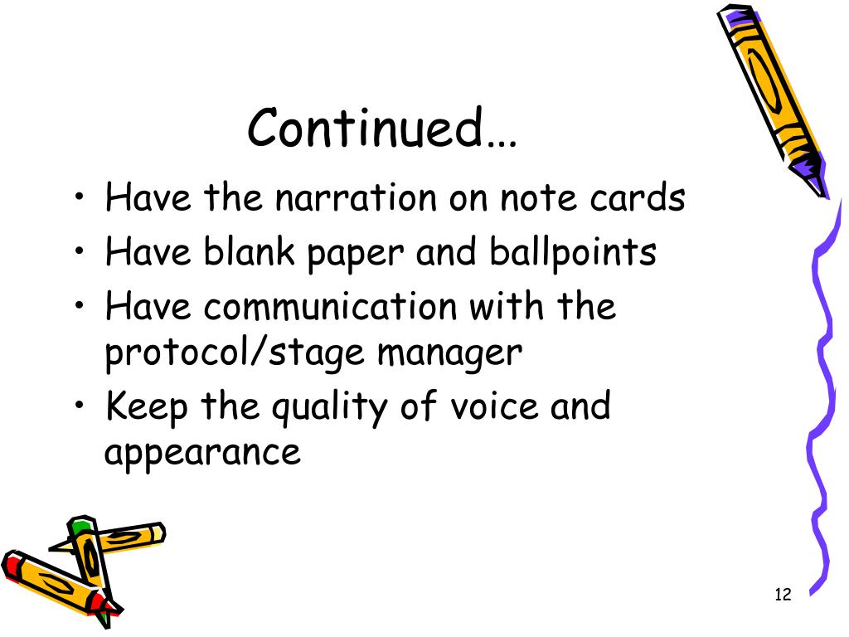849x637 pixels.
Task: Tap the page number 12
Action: pyautogui.click(x=783, y=594)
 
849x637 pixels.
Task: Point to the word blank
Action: pyautogui.click(x=253, y=252)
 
